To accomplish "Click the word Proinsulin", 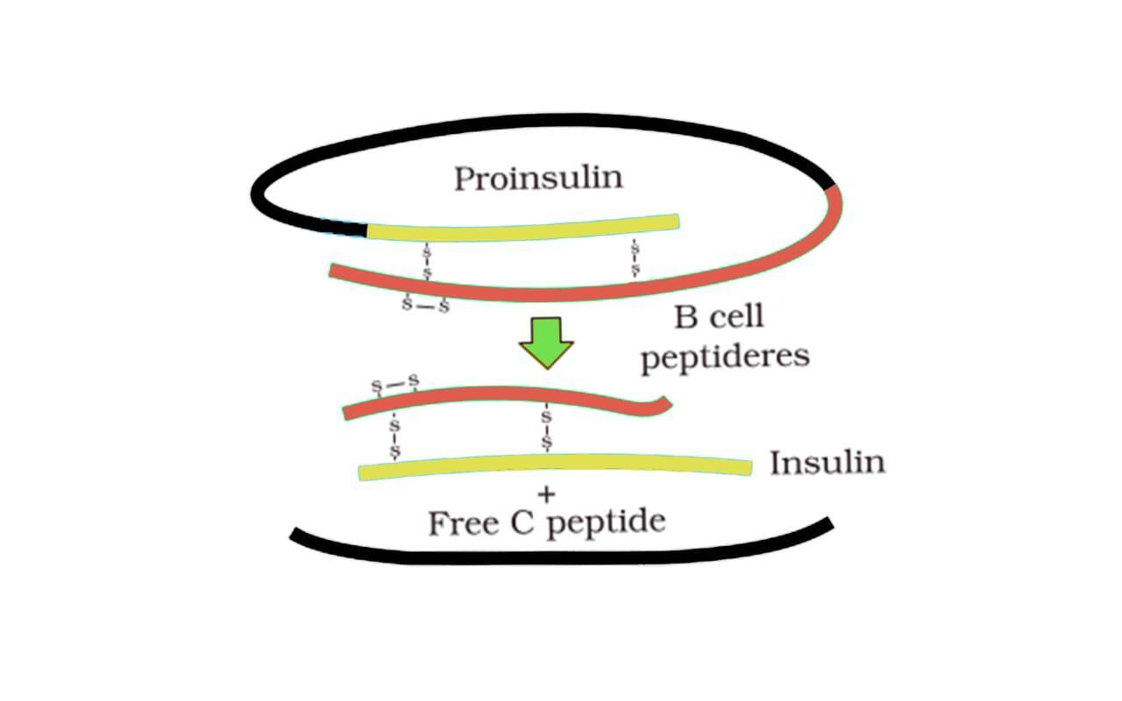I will click(x=538, y=178).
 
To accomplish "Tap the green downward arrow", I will click(x=545, y=343).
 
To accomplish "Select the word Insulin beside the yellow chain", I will click(x=827, y=462).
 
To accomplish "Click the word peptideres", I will click(x=724, y=358).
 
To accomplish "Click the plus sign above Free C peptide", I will click(x=547, y=495).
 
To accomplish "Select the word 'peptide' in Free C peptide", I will click(x=611, y=523).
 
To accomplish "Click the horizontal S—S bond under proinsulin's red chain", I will click(x=425, y=306).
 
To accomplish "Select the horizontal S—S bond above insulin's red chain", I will click(x=395, y=384).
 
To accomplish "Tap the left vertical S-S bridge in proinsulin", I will click(x=427, y=262).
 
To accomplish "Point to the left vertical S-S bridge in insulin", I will click(x=394, y=437).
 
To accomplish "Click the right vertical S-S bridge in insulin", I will click(x=547, y=430).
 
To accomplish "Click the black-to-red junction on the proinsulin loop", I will click(x=832, y=187).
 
